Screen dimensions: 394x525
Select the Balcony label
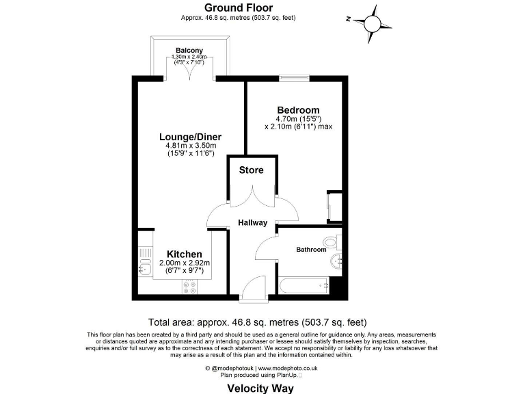click(x=189, y=51)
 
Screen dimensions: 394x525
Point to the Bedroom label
click(x=297, y=110)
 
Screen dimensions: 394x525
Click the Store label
click(x=251, y=170)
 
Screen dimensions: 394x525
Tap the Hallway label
click(x=252, y=222)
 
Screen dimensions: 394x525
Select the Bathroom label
click(x=310, y=250)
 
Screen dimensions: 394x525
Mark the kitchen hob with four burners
click(x=189, y=288)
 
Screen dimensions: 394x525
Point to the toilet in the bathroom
click(x=333, y=241)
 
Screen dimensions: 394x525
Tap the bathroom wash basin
click(x=336, y=263)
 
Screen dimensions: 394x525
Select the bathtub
click(x=304, y=286)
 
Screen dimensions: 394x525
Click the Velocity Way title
click(x=260, y=389)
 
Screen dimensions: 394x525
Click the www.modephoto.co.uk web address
click(x=288, y=368)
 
